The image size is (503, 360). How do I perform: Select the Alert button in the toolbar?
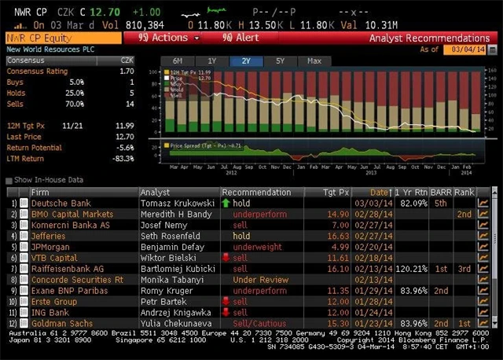tap(240, 38)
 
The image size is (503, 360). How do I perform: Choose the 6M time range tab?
tap(177, 61)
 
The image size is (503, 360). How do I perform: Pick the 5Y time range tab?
tap(281, 61)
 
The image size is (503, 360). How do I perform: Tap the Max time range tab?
tap(314, 61)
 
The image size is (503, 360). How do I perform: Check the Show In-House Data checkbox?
tap(9, 180)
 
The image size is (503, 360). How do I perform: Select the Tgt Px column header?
tap(333, 193)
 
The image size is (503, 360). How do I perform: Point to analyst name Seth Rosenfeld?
tap(171, 236)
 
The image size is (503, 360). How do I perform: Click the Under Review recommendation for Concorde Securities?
tap(256, 279)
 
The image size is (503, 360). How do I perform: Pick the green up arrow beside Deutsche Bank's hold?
tap(226, 203)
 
